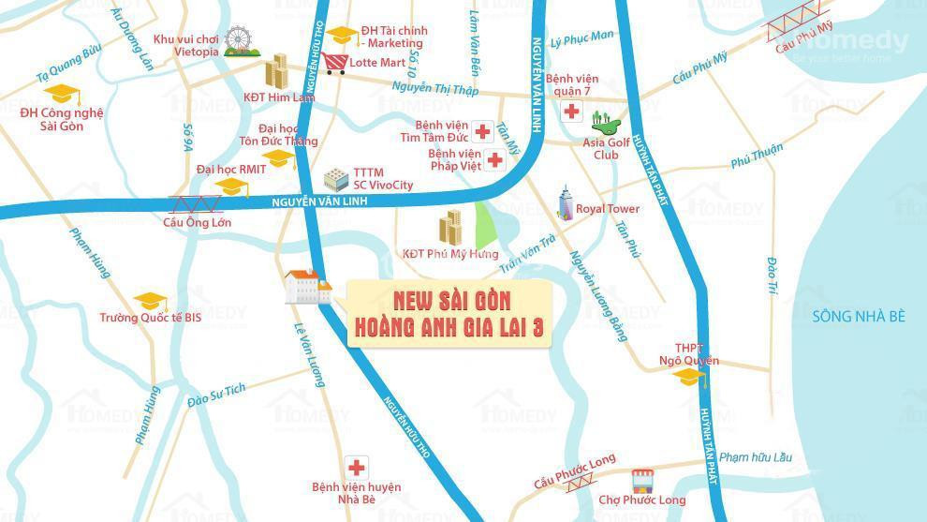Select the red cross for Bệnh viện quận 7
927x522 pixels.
pyautogui.click(x=570, y=112)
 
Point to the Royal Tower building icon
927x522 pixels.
pyautogui.click(x=564, y=203)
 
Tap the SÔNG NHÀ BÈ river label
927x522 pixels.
pyautogui.click(x=858, y=317)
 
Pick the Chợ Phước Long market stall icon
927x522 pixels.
pyautogui.click(x=642, y=481)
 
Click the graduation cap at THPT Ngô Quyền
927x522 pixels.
pyautogui.click(x=689, y=377)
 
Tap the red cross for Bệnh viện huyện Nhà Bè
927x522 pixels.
pyautogui.click(x=355, y=468)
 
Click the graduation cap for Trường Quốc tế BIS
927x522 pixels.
pyautogui.click(x=149, y=302)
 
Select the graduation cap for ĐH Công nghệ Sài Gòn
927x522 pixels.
pyautogui.click(x=63, y=94)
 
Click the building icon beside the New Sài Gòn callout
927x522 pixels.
pyautogui.click(x=308, y=287)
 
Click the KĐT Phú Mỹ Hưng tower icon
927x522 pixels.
pyautogui.click(x=450, y=229)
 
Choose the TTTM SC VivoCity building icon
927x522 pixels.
pyautogui.click(x=335, y=179)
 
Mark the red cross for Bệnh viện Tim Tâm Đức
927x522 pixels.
pyautogui.click(x=482, y=132)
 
